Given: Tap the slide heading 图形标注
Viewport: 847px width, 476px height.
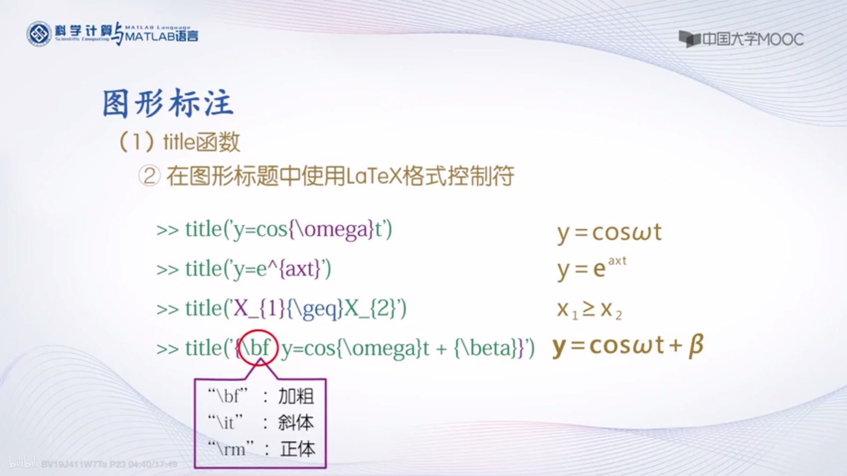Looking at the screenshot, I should click(168, 103).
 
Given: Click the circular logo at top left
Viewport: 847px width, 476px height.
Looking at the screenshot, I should click(39, 34).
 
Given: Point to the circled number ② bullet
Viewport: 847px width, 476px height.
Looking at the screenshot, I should click(149, 176).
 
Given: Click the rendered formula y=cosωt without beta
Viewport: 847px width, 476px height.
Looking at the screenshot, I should click(609, 233).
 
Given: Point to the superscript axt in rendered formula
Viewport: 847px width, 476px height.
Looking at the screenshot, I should click(617, 261).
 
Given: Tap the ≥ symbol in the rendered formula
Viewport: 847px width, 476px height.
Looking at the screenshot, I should click(589, 309).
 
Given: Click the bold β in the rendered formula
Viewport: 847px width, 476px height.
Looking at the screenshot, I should click(696, 346).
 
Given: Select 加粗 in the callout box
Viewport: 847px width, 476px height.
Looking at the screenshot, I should click(296, 396).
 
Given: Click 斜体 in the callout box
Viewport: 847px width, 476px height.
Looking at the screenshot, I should click(296, 423).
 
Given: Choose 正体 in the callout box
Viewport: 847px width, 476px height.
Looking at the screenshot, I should click(297, 449).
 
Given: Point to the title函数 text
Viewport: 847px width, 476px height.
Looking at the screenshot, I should click(202, 142).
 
